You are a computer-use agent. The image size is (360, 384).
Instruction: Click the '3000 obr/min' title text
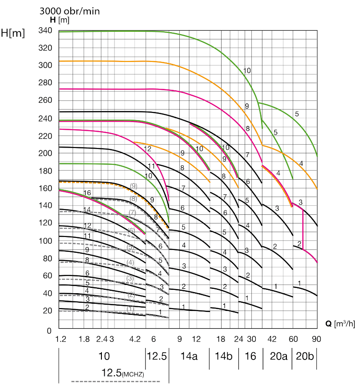[70, 11]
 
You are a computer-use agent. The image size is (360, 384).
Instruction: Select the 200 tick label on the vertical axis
[45, 153]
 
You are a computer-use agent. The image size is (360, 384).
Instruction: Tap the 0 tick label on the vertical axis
[49, 331]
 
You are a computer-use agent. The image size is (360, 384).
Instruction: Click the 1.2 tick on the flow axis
[61, 339]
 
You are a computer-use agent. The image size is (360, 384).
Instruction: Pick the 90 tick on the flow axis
[317, 339]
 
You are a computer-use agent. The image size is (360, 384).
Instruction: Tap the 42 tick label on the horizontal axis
[272, 339]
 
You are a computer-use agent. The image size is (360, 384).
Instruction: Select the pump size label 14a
[189, 356]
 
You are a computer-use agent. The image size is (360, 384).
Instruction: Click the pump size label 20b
[304, 356]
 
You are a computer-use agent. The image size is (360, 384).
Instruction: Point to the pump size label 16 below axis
[251, 356]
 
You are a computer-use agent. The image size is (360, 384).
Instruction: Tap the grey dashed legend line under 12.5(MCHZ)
[115, 381]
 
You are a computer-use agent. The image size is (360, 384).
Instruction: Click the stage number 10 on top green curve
[247, 71]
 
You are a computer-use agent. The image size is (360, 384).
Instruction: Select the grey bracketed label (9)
[134, 186]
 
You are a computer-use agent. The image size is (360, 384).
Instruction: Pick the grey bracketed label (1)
[131, 309]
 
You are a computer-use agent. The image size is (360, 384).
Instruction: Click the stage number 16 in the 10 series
[87, 193]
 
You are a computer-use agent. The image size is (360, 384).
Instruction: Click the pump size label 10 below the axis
[104, 356]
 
